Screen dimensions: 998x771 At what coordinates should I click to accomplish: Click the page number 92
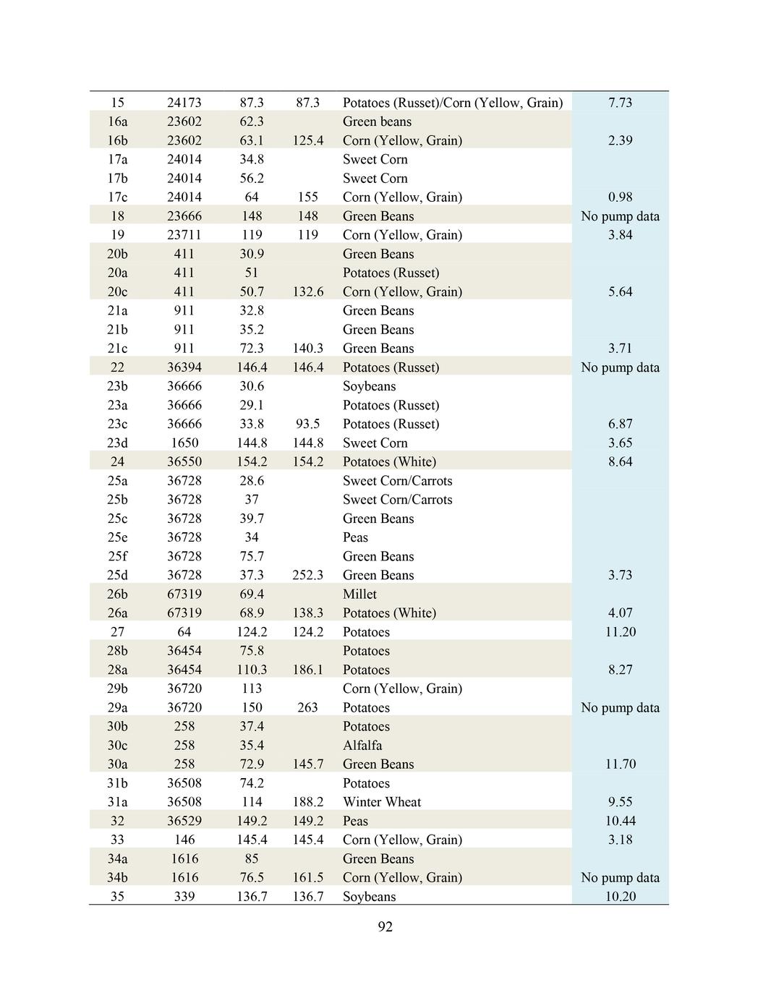385,926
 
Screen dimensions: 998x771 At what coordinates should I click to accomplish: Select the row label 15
117,103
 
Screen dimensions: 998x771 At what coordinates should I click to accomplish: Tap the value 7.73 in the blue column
620,103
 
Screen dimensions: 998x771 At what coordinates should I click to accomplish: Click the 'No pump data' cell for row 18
620,216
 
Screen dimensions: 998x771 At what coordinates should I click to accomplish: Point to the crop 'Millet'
359,594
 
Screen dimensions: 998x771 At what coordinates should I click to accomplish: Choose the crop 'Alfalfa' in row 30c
362,745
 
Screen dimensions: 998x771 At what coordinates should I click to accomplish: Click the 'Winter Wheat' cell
382,801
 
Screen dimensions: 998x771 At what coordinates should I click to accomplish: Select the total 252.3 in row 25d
307,575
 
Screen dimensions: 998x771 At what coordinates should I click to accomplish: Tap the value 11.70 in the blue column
620,764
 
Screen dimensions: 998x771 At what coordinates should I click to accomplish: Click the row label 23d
117,443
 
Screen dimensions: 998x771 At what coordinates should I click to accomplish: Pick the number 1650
184,443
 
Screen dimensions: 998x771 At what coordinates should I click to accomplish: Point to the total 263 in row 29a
307,707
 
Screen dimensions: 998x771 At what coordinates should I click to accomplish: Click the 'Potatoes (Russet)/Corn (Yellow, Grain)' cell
452,103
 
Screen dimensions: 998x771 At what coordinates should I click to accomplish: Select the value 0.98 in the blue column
620,197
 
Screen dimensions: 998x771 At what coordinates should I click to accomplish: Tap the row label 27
117,631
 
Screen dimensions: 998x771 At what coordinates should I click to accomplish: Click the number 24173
184,103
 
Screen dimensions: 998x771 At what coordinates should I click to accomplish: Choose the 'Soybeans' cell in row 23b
369,386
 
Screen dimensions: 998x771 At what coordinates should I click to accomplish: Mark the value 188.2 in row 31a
307,801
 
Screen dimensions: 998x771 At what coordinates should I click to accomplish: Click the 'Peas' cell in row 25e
355,537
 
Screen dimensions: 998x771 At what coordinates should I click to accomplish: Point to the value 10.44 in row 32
620,821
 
